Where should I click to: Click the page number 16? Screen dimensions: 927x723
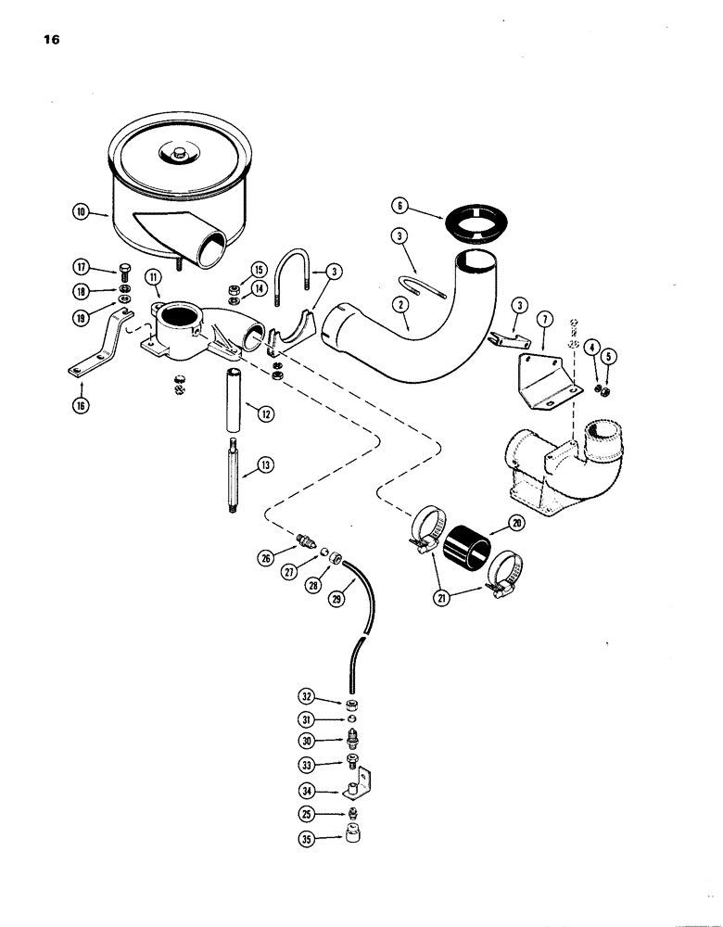point(51,40)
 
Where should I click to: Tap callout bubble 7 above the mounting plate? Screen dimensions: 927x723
point(544,320)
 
